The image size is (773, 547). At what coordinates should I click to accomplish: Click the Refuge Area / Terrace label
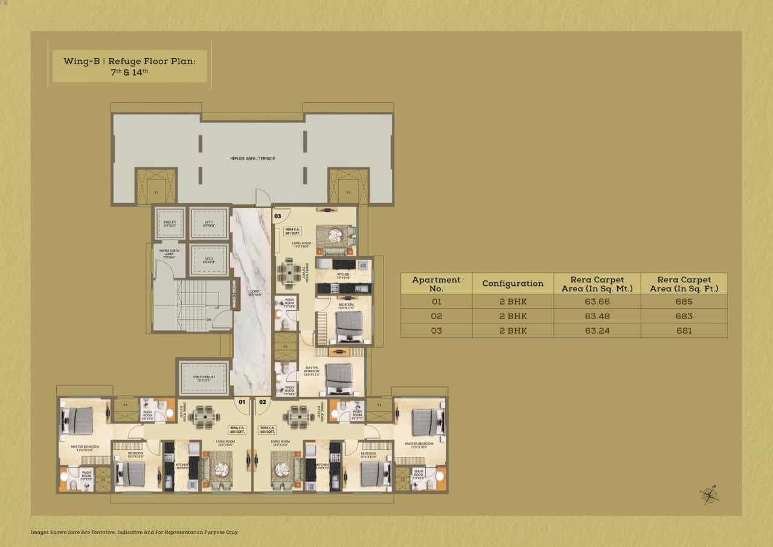click(252, 158)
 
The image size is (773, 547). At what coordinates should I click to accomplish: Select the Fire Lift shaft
click(169, 223)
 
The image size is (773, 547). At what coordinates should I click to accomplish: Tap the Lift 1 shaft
click(209, 223)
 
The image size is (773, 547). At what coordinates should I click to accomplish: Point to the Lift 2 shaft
click(209, 260)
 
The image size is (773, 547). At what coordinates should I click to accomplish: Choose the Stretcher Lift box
click(203, 378)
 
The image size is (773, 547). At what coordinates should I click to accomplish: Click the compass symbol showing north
click(710, 495)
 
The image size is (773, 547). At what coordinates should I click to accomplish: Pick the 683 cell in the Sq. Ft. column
click(684, 316)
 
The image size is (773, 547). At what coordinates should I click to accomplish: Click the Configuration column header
click(513, 283)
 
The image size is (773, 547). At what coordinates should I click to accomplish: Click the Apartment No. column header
click(436, 283)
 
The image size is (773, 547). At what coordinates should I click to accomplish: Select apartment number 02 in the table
click(436, 316)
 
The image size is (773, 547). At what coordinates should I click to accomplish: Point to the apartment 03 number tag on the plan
click(278, 216)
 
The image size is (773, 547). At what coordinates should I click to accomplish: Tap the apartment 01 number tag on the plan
click(242, 401)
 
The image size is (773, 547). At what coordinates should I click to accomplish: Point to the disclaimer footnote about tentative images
click(135, 532)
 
